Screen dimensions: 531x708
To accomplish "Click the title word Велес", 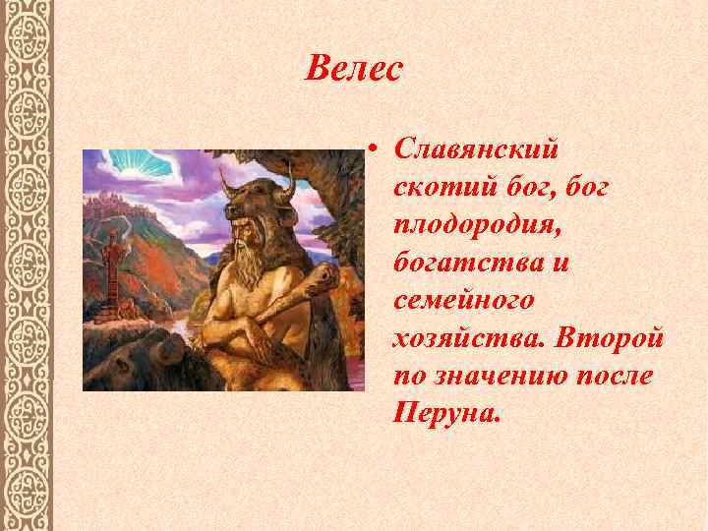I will [x=354, y=68].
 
